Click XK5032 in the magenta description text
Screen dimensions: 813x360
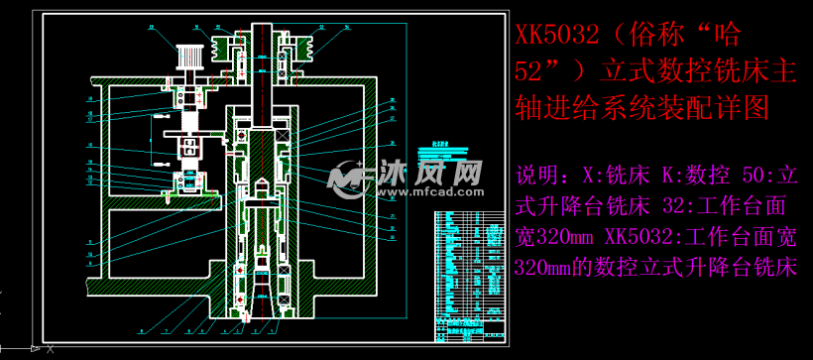[x=645, y=238]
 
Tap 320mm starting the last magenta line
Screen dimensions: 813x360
[x=541, y=269]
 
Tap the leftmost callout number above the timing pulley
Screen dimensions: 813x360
[x=152, y=27]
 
